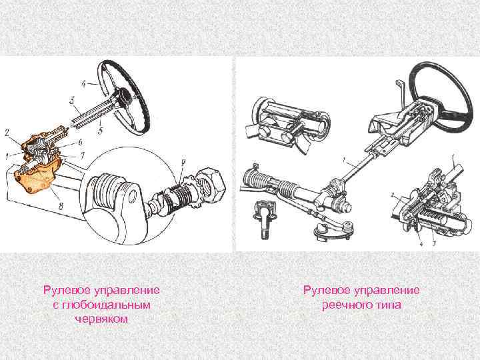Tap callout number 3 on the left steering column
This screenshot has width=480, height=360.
coord(71,100)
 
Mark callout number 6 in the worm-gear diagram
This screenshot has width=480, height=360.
coord(80,143)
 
